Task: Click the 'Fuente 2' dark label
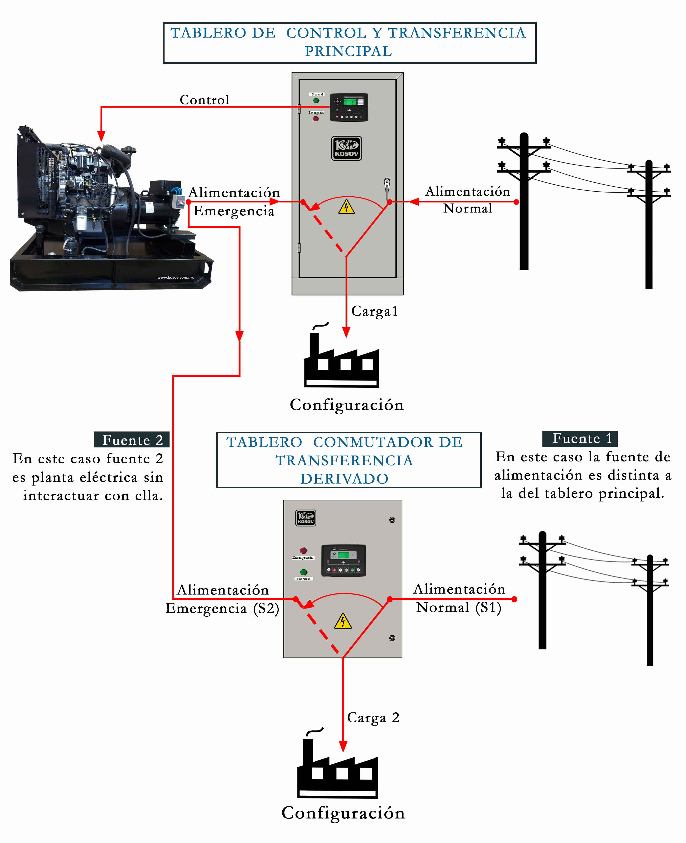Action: click(132, 440)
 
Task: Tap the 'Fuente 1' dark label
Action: click(580, 438)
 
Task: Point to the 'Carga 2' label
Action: click(373, 717)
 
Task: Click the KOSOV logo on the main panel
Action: click(346, 148)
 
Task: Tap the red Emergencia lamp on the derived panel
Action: click(303, 550)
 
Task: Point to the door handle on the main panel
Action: click(387, 188)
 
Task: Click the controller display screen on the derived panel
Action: click(343, 555)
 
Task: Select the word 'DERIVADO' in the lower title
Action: click(344, 479)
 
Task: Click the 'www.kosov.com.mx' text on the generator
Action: click(175, 277)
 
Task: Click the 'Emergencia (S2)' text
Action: click(222, 608)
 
